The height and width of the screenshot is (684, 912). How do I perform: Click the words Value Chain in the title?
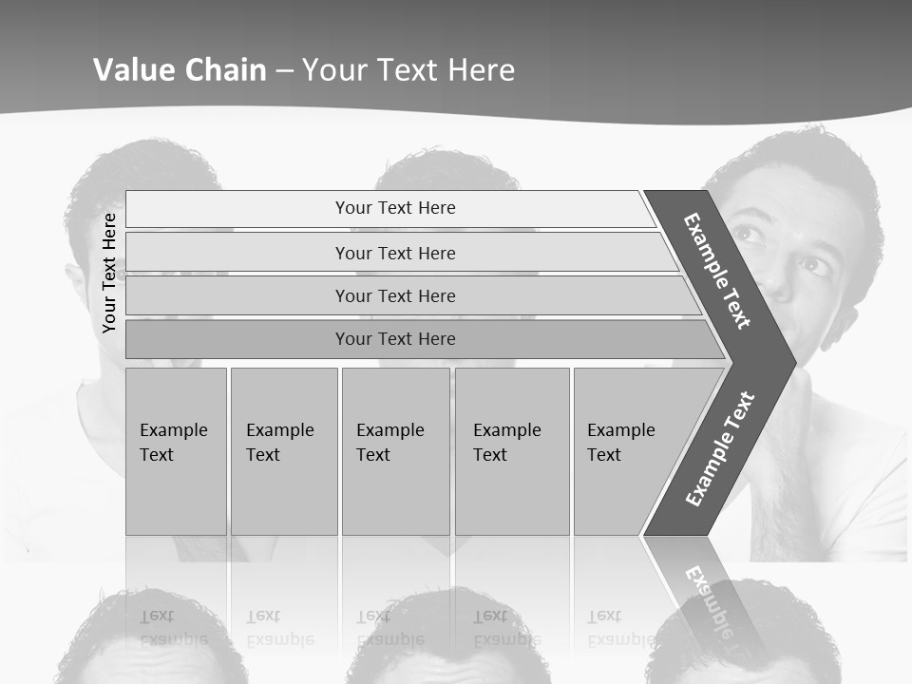tap(180, 70)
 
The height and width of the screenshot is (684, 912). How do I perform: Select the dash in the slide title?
tap(284, 70)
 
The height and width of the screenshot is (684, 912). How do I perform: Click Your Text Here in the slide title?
tap(408, 70)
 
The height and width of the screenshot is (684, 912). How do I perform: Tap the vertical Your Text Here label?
tap(109, 273)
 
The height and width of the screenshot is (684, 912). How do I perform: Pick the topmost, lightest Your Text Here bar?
tap(394, 208)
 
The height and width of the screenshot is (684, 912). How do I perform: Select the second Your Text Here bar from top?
tap(394, 253)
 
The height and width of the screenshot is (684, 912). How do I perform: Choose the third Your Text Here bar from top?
tap(394, 295)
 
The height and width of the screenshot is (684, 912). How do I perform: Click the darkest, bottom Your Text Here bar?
tap(394, 339)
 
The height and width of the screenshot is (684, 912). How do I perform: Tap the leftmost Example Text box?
tap(176, 451)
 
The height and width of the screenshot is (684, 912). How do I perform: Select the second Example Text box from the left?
tap(283, 451)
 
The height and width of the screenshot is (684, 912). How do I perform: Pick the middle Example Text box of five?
tap(394, 451)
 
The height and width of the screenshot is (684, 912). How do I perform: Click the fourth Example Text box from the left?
tap(511, 451)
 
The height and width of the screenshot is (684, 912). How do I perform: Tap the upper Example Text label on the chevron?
tap(717, 271)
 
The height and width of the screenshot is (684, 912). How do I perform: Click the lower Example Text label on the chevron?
tap(719, 449)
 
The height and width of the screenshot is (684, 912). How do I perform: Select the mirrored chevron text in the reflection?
tap(712, 603)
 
